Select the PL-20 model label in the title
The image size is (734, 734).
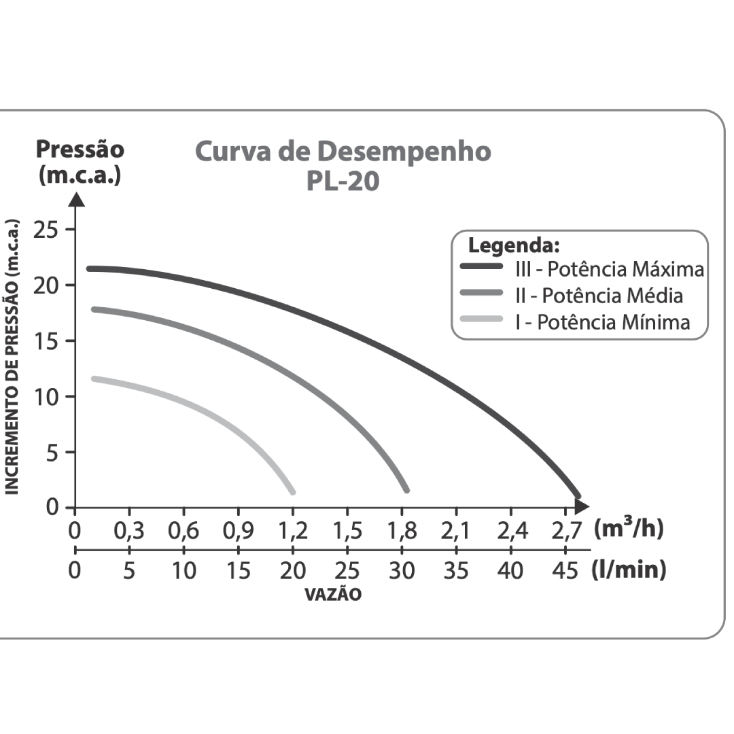pyautogui.click(x=343, y=182)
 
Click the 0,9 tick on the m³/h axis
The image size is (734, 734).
pyautogui.click(x=239, y=531)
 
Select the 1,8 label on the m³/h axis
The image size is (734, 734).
pyautogui.click(x=402, y=531)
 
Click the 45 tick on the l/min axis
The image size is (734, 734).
pyautogui.click(x=565, y=570)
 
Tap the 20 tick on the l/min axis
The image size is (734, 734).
pyautogui.click(x=293, y=570)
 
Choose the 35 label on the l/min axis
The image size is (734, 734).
pyautogui.click(x=456, y=570)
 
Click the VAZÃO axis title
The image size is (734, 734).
pyautogui.click(x=333, y=595)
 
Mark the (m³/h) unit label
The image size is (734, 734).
pyautogui.click(x=629, y=529)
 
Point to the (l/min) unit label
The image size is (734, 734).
pyautogui.click(x=629, y=570)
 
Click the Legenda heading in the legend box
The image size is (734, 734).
pyautogui.click(x=514, y=245)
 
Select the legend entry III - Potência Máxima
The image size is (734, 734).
pyautogui.click(x=609, y=269)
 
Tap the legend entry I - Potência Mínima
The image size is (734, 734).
pyautogui.click(x=602, y=321)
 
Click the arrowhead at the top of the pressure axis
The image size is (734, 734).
pyautogui.click(x=76, y=199)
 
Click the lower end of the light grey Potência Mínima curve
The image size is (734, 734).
pyautogui.click(x=292, y=491)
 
